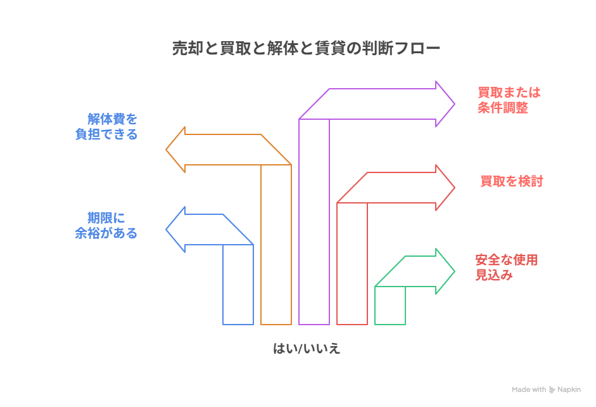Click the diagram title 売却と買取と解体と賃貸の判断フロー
(306, 49)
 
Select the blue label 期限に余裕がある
(106, 225)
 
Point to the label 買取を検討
(511, 181)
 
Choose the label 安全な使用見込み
(506, 268)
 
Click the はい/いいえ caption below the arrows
(307, 348)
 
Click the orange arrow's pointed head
(175, 150)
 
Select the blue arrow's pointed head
(175, 229)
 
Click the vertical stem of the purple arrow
(314, 222)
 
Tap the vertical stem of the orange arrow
(276, 244)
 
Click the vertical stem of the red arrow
(352, 263)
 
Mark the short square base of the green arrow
(390, 306)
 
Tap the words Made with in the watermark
(529, 390)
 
